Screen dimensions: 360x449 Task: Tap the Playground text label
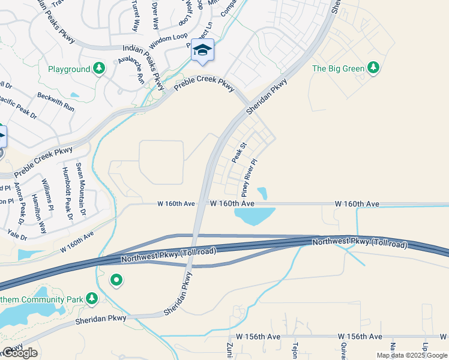pyautogui.click(x=69, y=70)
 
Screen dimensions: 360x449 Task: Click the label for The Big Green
pyautogui.click(x=338, y=68)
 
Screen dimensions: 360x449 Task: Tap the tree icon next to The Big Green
pyautogui.click(x=374, y=68)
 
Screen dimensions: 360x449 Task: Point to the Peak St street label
pyautogui.click(x=239, y=153)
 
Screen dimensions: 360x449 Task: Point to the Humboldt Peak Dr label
pyautogui.click(x=67, y=193)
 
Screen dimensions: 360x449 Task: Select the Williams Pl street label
pyautogui.click(x=47, y=194)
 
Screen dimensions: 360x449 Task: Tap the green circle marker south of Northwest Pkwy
pyautogui.click(x=116, y=280)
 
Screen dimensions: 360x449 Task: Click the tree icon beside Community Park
pyautogui.click(x=91, y=298)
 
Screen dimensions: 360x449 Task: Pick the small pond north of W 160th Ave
pyautogui.click(x=262, y=193)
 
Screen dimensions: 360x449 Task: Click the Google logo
pyautogui.click(x=19, y=353)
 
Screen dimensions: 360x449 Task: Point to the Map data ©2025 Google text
pyautogui.click(x=411, y=355)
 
